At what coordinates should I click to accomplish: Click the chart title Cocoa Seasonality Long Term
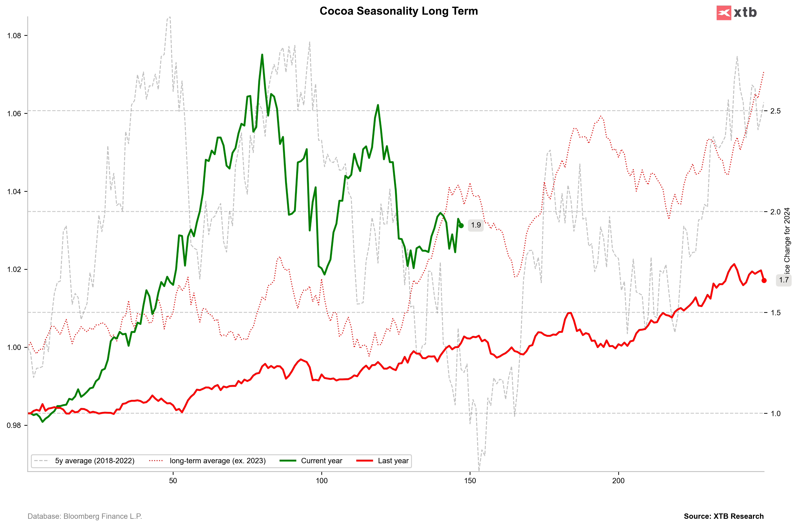tap(399, 11)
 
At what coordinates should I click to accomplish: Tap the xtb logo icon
tap(724, 13)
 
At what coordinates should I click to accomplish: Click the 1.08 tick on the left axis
tap(14, 36)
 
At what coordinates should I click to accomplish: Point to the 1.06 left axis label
tap(14, 114)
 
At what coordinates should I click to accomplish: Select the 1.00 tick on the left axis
tap(14, 347)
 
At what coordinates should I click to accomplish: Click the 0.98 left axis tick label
tap(14, 425)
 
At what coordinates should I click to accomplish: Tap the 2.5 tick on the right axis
tap(776, 111)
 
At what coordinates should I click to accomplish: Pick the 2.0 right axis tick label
tap(776, 212)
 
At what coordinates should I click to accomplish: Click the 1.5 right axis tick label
tap(776, 313)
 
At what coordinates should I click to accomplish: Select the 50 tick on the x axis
tap(173, 481)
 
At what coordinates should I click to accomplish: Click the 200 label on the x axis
tap(618, 481)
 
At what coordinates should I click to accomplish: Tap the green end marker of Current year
tap(461, 226)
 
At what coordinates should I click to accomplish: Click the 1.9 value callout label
tap(476, 225)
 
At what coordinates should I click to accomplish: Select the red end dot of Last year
tap(764, 280)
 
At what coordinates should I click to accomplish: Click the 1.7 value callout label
tap(784, 280)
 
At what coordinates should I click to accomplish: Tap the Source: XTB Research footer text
tap(724, 516)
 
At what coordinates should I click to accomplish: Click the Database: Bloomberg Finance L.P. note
tap(85, 516)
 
